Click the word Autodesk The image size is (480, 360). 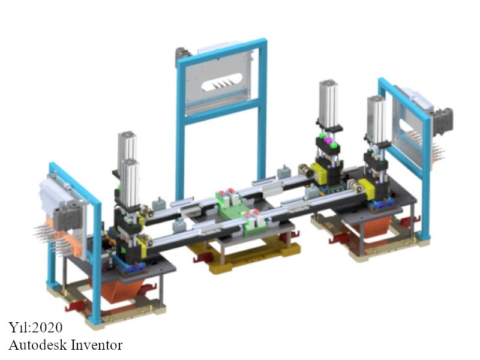tap(38, 345)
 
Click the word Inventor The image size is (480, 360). tap(97, 345)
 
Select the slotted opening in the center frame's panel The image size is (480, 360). tap(221, 82)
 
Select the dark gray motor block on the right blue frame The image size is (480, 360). tap(442, 121)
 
